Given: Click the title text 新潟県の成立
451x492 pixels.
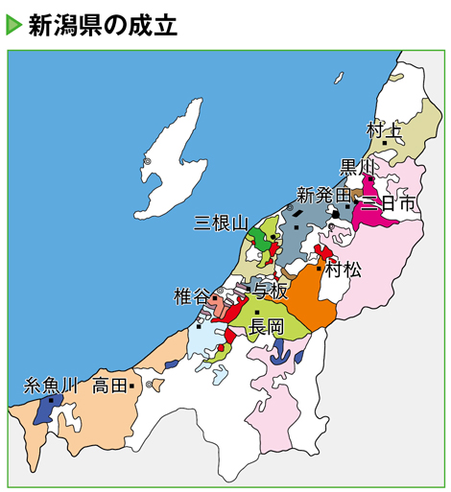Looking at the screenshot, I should point(103,24).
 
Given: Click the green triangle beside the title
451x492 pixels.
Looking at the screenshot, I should point(13,24).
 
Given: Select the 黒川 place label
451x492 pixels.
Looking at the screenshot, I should point(359,167).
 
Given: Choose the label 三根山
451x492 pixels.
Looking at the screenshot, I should point(221,223).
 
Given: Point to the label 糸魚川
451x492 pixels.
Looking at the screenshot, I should point(50,387).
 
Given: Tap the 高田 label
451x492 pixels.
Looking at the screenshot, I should point(109,387).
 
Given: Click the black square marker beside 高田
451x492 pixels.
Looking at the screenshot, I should point(131,386).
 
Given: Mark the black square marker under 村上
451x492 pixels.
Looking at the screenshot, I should point(386,143).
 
